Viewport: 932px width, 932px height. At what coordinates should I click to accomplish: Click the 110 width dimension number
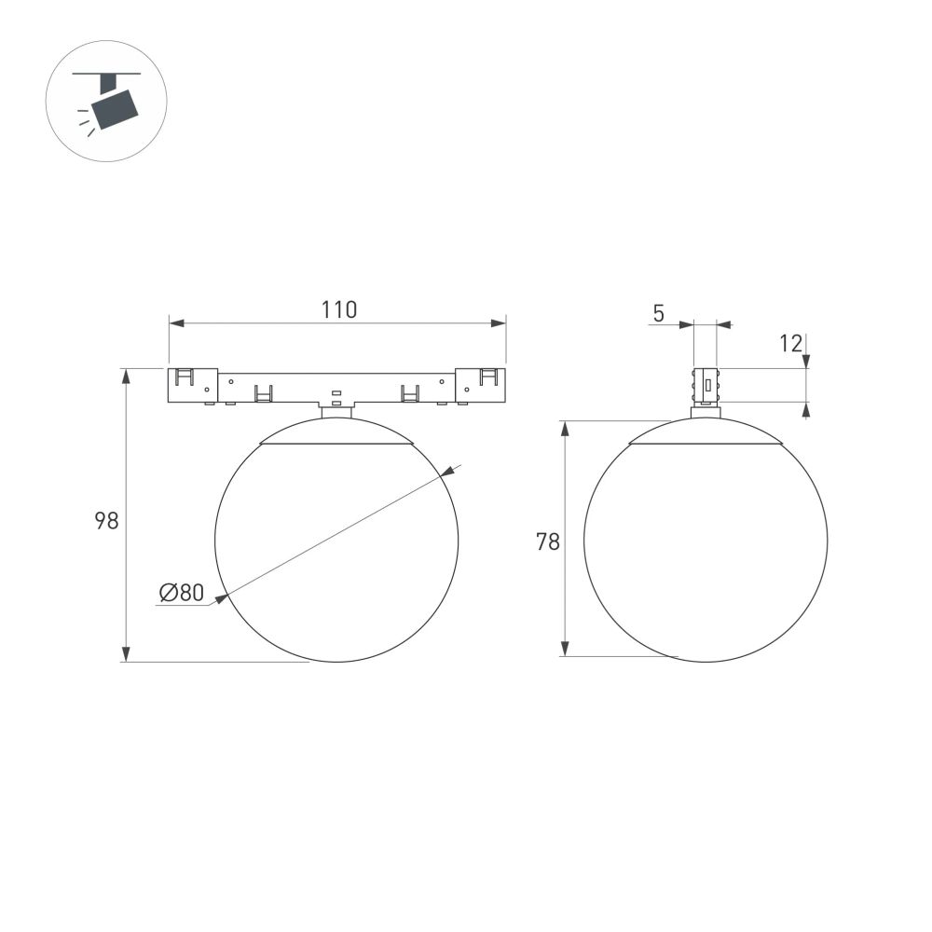click(x=339, y=310)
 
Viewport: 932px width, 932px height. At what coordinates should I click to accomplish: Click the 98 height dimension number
click(x=106, y=521)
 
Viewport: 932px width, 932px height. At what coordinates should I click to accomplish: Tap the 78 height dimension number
click(x=547, y=541)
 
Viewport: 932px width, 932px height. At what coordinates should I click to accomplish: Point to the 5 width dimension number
click(x=658, y=313)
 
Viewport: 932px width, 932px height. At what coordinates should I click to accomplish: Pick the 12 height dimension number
click(x=790, y=343)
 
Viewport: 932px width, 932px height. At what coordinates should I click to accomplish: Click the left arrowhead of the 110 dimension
click(x=175, y=323)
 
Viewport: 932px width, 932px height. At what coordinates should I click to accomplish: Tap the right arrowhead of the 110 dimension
click(x=500, y=323)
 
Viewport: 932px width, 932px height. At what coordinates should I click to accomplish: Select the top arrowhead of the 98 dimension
click(x=126, y=376)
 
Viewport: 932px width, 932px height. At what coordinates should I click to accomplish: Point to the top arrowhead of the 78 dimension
click(x=564, y=428)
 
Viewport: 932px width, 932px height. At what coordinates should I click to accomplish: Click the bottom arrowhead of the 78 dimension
click(x=564, y=649)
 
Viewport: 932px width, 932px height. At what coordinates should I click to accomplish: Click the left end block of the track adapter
click(x=193, y=386)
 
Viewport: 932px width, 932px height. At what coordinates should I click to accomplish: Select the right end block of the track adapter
click(x=481, y=386)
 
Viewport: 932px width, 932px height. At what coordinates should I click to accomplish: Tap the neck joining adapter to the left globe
click(x=336, y=411)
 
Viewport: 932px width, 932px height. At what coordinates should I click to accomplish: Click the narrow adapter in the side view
click(x=706, y=385)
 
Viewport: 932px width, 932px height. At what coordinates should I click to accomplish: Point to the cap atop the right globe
click(x=705, y=433)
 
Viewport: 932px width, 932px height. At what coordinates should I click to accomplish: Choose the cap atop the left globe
click(x=336, y=432)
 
